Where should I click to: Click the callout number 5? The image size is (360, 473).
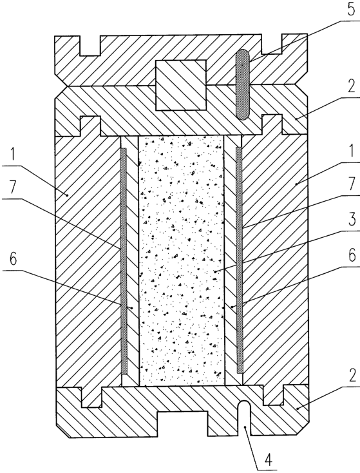tap(350, 10)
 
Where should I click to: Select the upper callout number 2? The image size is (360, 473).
tap(351, 86)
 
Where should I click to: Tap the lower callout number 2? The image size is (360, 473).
tap(351, 376)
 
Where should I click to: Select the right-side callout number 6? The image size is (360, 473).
tap(351, 256)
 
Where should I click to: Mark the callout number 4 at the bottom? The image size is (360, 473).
tap(268, 460)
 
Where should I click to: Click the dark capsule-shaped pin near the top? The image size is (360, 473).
tap(243, 84)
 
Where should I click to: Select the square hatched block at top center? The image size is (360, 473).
tap(181, 85)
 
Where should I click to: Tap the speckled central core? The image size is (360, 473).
tap(182, 260)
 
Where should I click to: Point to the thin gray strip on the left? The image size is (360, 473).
tap(124, 260)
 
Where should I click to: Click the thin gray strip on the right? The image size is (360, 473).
tap(239, 260)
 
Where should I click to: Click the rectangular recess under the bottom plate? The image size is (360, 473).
tap(182, 423)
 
